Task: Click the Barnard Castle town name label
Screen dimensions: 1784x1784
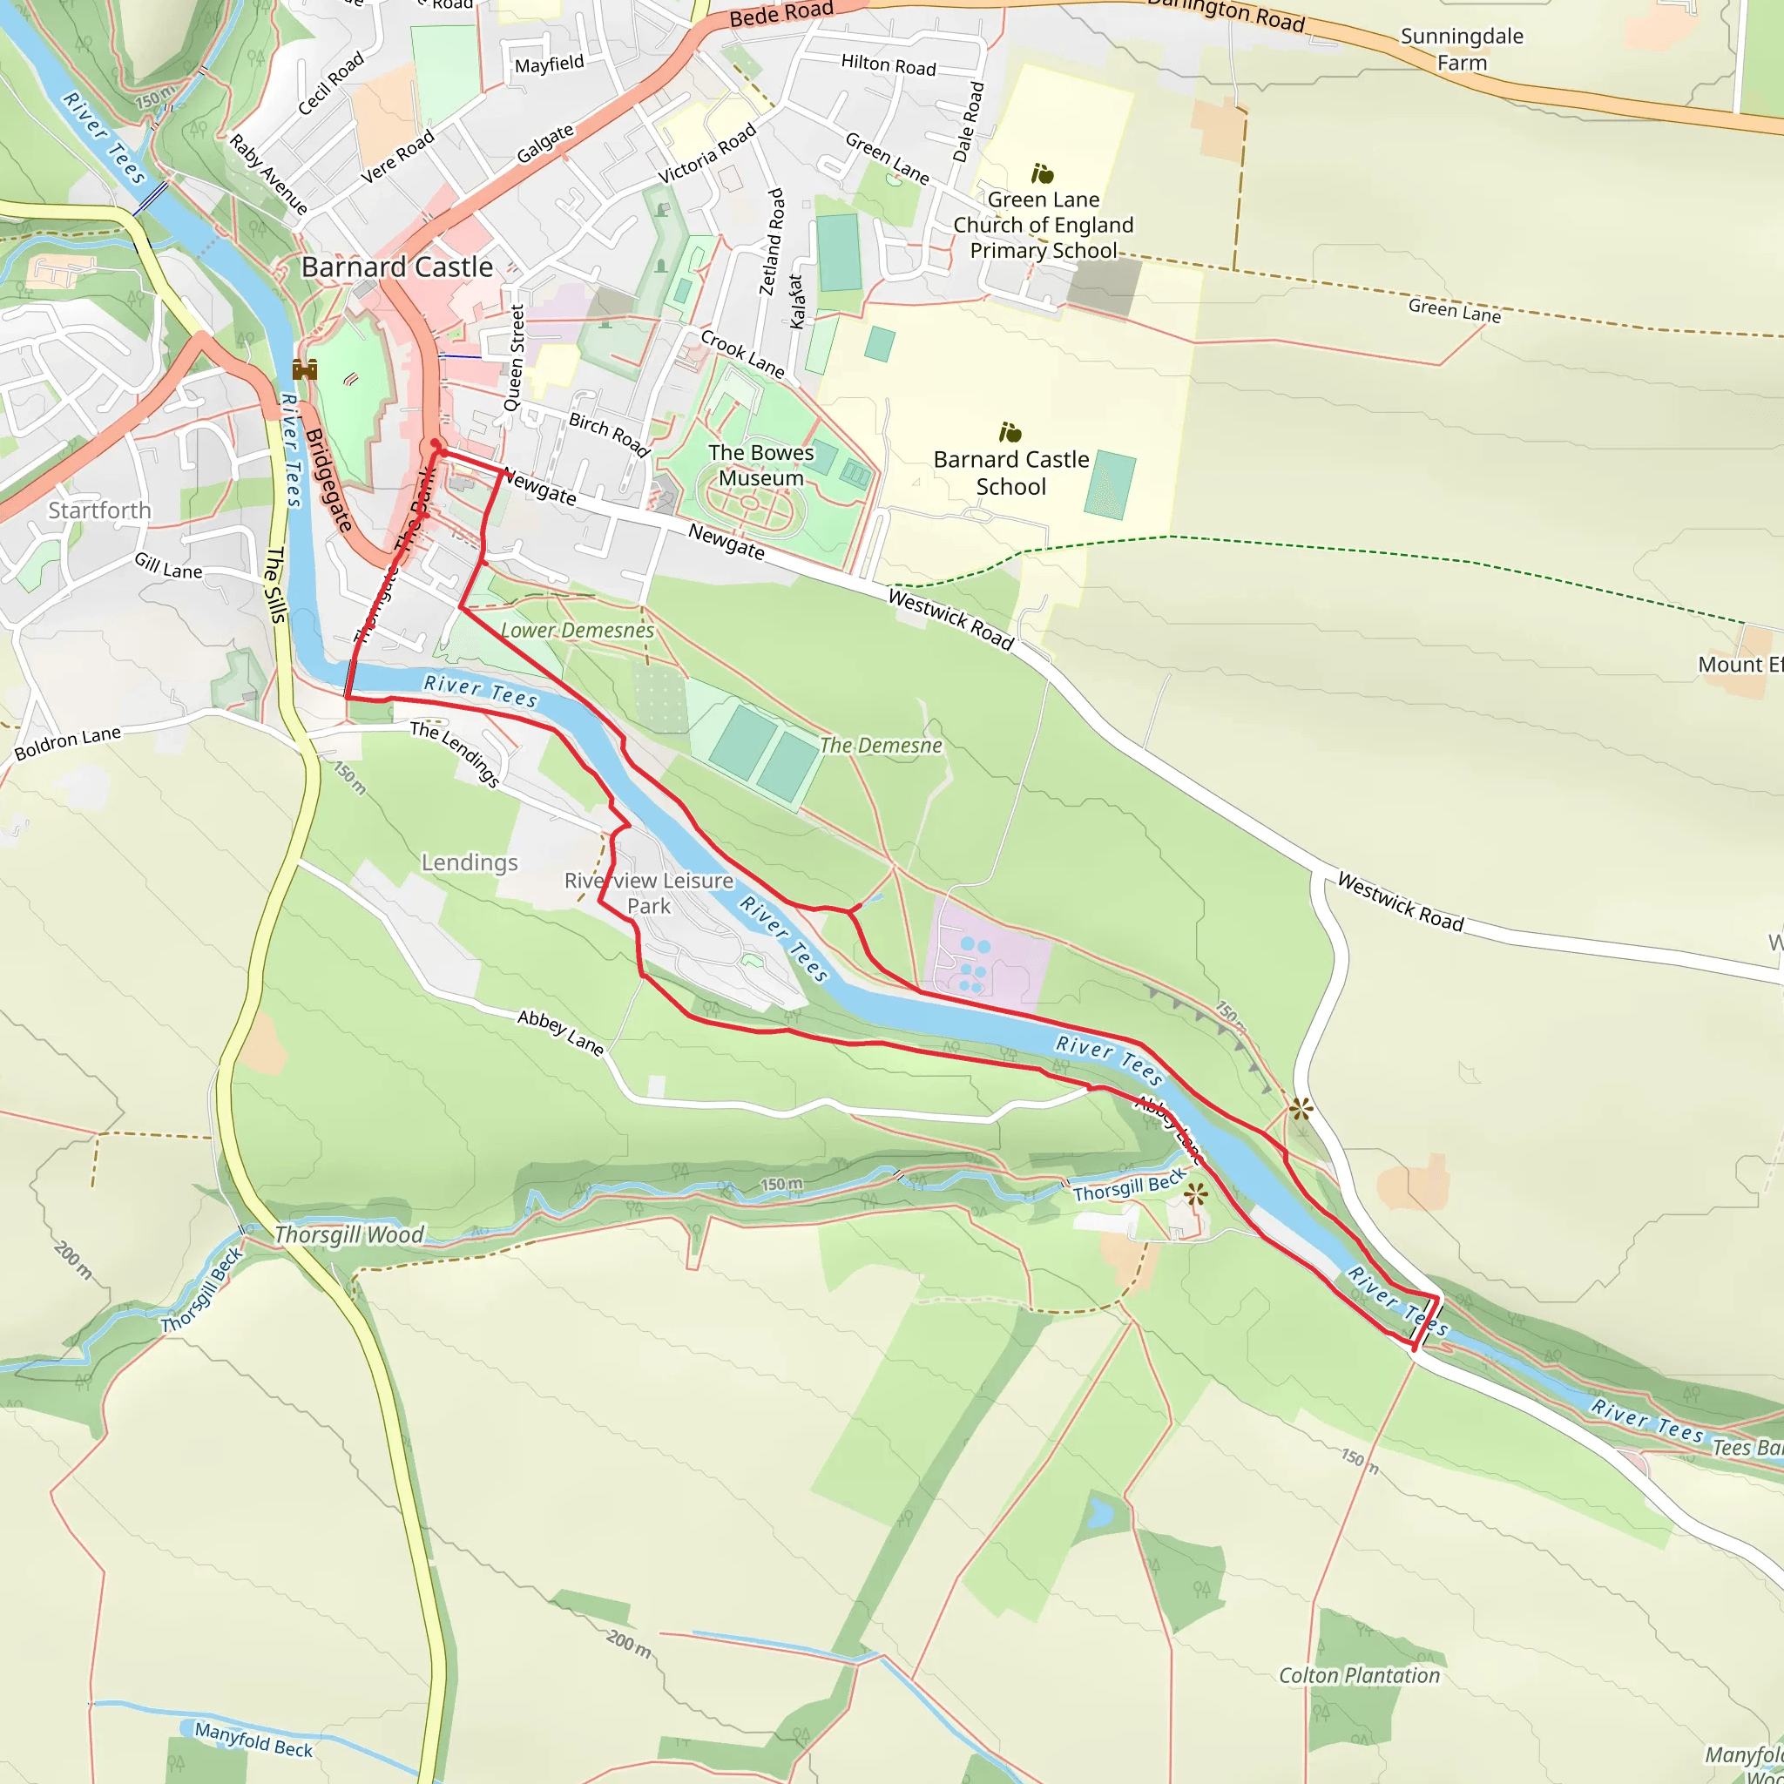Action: (397, 267)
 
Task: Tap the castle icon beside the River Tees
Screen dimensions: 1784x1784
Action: (305, 370)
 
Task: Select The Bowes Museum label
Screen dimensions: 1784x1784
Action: (760, 465)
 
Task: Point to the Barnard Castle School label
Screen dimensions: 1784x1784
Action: (1011, 473)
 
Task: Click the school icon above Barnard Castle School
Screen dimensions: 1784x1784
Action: (1010, 432)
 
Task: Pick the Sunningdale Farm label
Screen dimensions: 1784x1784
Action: (1462, 50)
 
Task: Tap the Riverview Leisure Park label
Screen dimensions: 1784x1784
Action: (648, 893)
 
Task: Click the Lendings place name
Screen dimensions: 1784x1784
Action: (470, 862)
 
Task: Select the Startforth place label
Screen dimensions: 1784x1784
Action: (99, 510)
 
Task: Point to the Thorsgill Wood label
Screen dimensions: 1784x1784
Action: (349, 1234)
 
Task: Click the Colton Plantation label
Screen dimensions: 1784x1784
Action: (1358, 1676)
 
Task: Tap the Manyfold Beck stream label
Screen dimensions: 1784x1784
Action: (254, 1740)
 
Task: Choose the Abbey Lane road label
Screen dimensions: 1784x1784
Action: (560, 1033)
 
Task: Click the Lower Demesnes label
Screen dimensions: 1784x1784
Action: (578, 631)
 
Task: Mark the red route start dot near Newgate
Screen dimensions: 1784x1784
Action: (436, 445)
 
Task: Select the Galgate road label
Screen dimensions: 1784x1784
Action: (544, 144)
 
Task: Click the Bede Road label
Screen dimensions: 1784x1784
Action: (781, 14)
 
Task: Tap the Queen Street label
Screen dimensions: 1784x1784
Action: (514, 358)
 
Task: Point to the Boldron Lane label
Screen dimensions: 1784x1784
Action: (67, 742)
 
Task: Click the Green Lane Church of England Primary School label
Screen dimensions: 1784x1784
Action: (1044, 226)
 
